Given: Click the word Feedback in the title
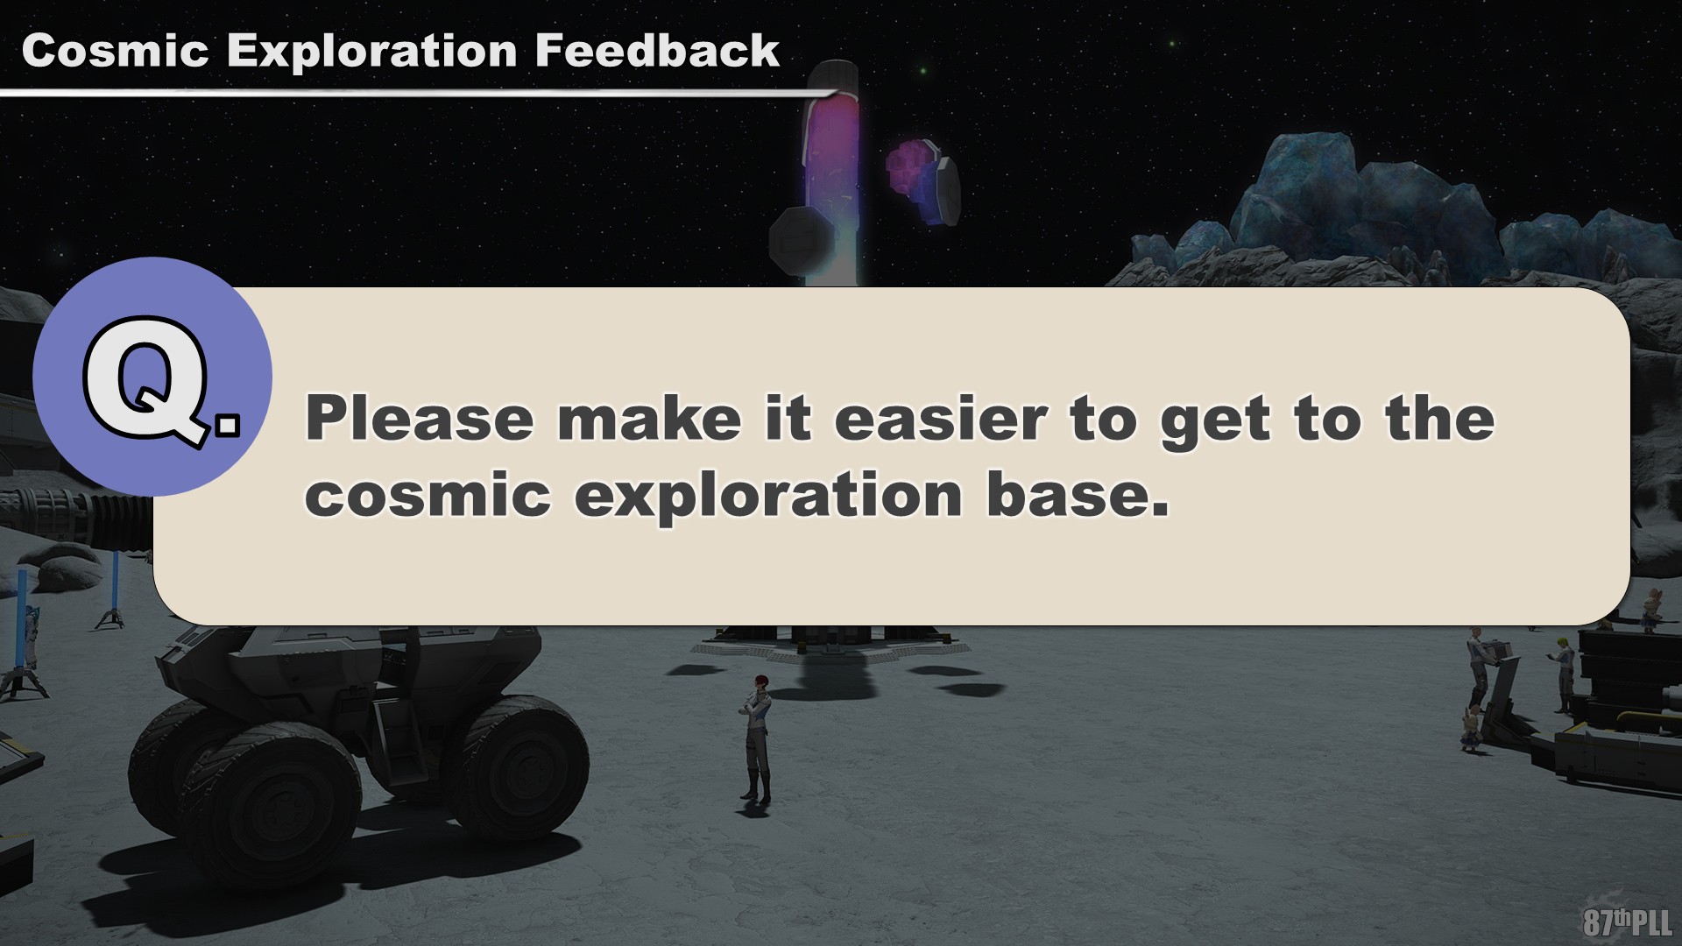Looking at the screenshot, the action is pyautogui.click(x=656, y=50).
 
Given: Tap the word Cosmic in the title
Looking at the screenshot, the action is pyautogui.click(x=115, y=51).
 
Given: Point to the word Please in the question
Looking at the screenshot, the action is pyautogui.click(x=419, y=418).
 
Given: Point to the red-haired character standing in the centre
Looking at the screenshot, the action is pyautogui.click(x=754, y=738).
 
